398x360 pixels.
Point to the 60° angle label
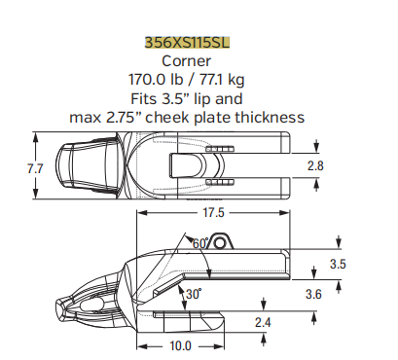201,242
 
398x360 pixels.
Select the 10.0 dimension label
180,345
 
